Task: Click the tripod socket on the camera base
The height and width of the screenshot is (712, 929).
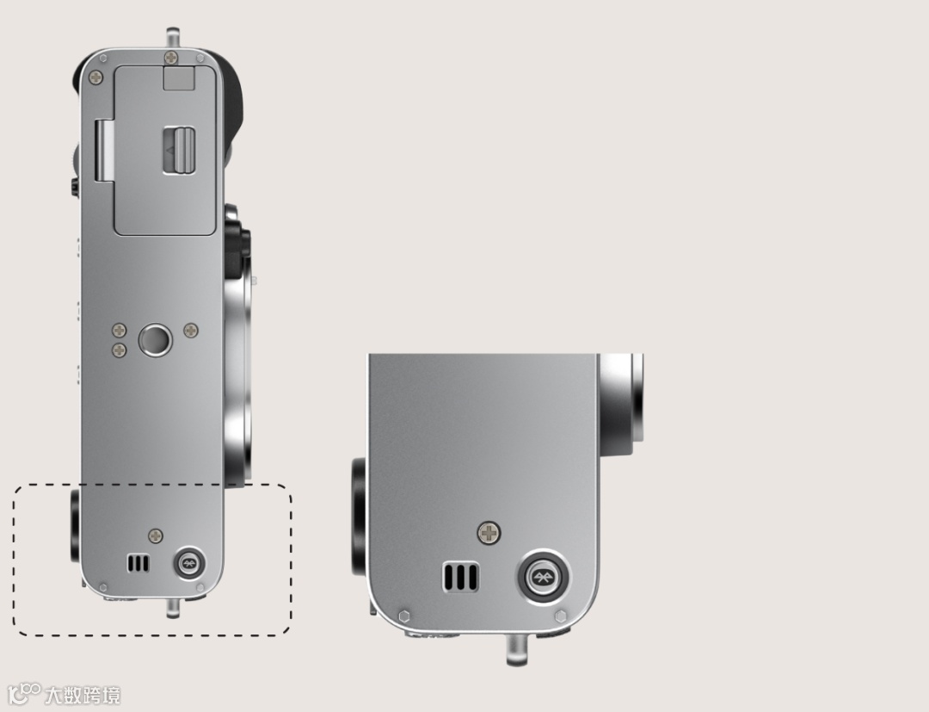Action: point(155,340)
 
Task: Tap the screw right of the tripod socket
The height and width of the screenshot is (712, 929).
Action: point(191,331)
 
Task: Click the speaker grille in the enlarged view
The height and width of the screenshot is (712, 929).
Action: point(460,576)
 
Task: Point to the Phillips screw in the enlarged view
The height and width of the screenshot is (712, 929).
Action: point(489,533)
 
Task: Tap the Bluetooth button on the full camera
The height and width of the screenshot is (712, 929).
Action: point(189,562)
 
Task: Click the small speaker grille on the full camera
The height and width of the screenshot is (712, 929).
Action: point(138,563)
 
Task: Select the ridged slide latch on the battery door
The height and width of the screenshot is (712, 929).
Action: point(179,151)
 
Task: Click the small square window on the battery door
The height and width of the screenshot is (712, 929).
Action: point(179,78)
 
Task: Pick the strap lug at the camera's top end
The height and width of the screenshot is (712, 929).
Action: point(172,37)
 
